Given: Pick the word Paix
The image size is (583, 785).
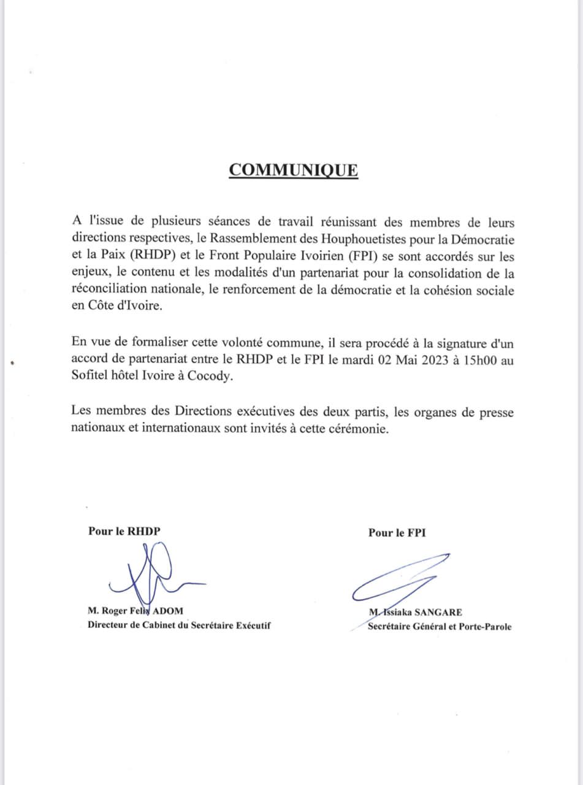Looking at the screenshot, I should (104, 254).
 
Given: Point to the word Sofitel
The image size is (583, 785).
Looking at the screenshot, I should (91, 378).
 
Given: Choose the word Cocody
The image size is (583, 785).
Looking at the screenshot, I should (215, 378).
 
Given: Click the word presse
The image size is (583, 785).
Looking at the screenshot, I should (494, 412).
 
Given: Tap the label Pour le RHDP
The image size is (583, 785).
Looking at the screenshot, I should (124, 532).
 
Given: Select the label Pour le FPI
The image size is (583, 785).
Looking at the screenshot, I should (397, 533).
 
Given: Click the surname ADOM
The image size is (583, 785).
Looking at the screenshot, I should (168, 611).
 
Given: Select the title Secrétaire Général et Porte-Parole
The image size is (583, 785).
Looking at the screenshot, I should (439, 627).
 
